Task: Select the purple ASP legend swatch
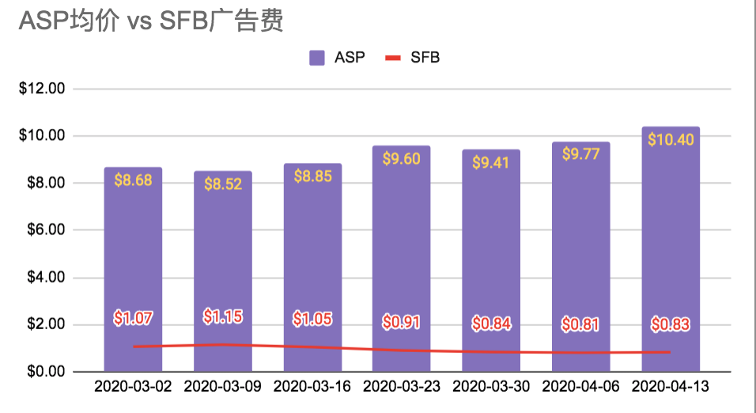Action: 317,58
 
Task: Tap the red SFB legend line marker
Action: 392,58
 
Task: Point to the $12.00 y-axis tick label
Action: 42,89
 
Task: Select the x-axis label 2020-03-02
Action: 133,387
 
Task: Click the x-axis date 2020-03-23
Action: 402,387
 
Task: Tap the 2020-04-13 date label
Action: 671,387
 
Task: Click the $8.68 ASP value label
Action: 133,180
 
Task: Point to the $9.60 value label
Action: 402,158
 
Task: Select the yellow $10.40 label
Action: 671,139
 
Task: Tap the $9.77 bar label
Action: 581,154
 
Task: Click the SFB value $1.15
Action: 223,316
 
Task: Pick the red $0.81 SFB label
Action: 581,324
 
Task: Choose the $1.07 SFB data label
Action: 133,319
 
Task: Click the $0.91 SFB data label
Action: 402,322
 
